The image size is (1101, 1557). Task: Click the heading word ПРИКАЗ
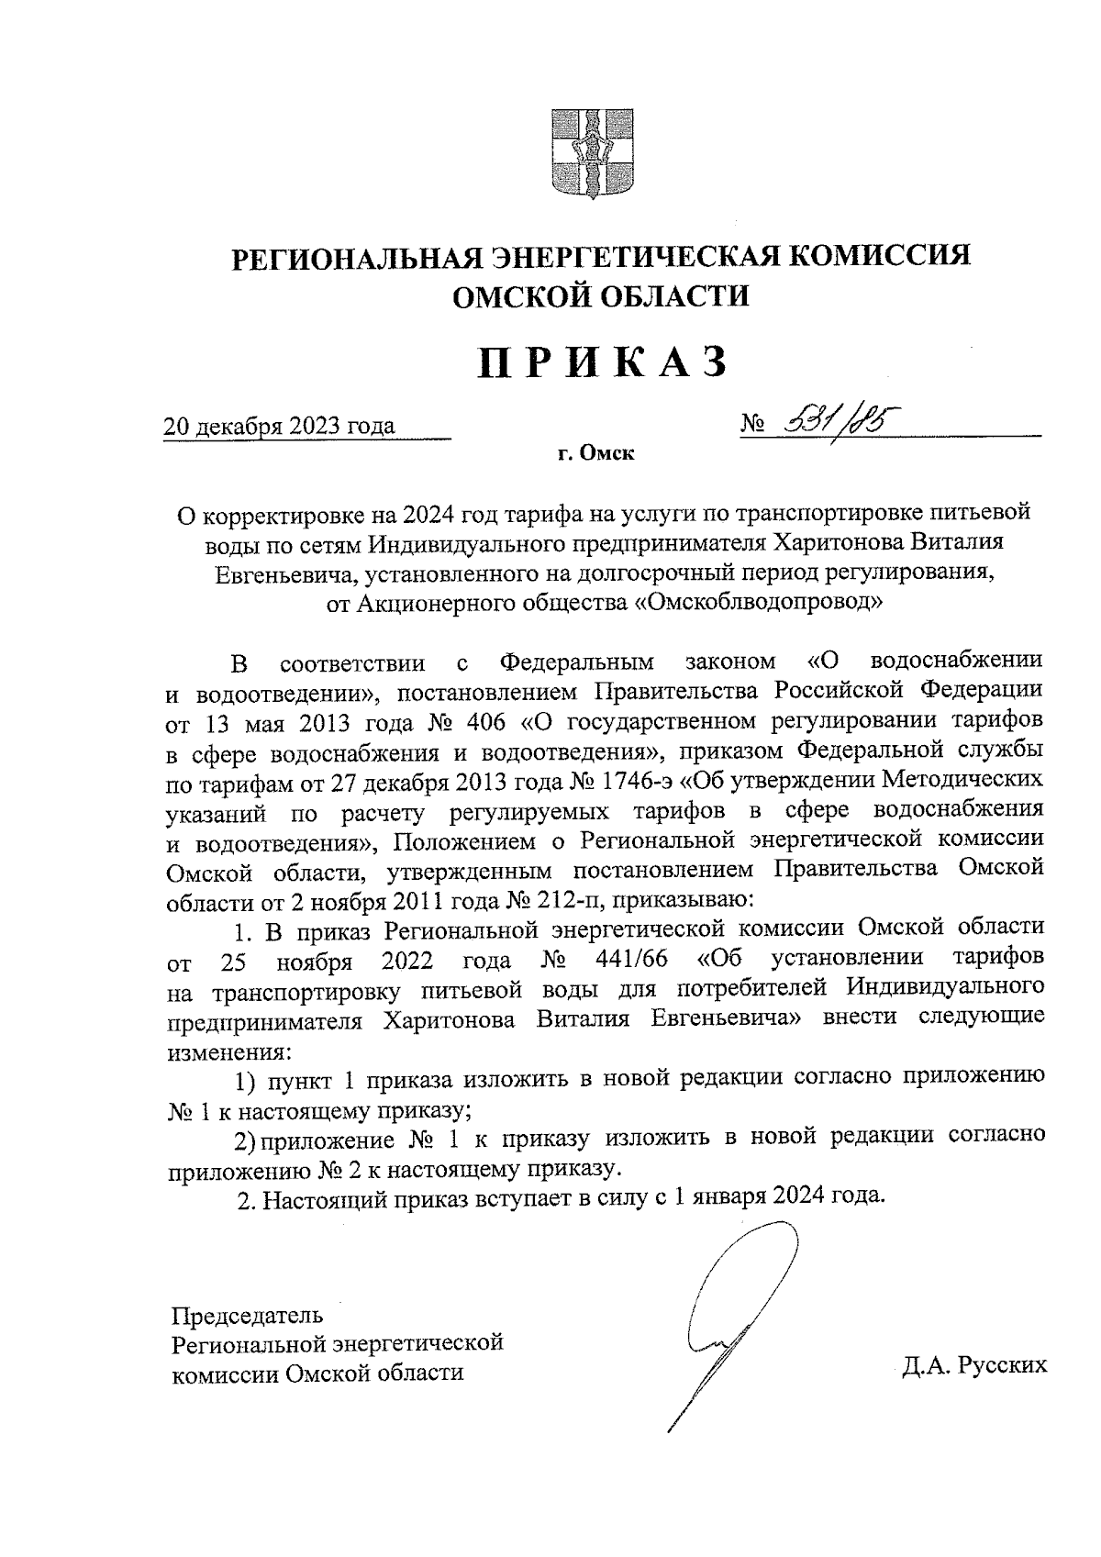603,362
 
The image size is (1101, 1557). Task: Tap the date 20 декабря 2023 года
279,427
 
